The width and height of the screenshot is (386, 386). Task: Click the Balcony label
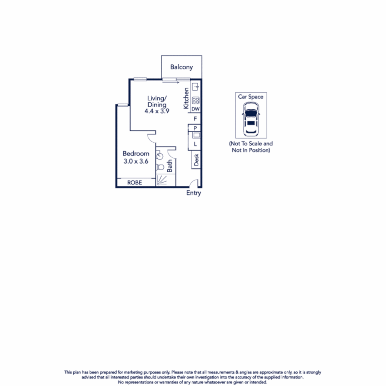[182, 67]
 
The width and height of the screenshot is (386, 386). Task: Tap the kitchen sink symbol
[196, 87]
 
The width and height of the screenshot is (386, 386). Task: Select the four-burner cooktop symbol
[196, 100]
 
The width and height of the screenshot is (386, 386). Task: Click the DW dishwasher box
[196, 109]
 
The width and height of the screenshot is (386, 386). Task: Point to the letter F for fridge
[195, 119]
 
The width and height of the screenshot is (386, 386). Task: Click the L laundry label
[195, 144]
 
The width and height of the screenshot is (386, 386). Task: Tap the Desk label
[196, 159]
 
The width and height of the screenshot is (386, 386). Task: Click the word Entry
[193, 193]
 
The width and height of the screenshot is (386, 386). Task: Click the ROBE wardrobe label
[135, 183]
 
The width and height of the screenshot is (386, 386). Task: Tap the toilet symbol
[160, 167]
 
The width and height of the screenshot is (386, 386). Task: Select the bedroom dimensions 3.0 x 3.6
[136, 161]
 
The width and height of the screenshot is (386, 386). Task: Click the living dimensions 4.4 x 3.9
[157, 111]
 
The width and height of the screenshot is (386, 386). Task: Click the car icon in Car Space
[251, 119]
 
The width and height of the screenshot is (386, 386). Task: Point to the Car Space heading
[251, 97]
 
